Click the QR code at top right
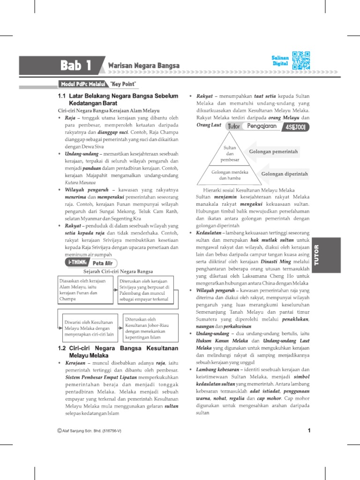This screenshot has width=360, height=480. click(300, 60)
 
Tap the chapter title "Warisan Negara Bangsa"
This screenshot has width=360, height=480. click(144, 66)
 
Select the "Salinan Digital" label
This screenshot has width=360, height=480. click(280, 60)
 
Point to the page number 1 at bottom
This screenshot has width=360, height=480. click(309, 430)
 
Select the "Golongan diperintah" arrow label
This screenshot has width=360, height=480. click(284, 174)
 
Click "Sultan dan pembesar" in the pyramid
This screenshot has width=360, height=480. click(230, 154)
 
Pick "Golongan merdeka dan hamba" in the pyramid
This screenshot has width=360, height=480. click(230, 175)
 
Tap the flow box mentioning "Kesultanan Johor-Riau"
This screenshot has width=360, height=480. click(146, 328)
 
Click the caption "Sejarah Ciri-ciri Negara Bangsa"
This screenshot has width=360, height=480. click(118, 272)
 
